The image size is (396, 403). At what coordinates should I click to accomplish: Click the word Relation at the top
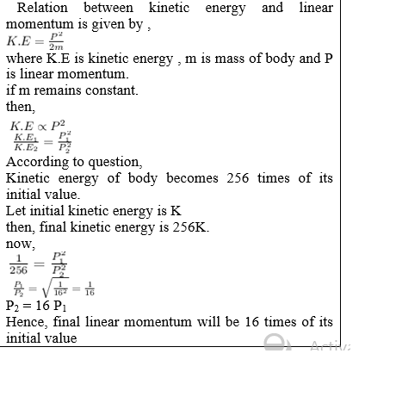(x=47, y=9)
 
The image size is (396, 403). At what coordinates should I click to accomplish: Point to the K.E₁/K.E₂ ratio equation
(x=43, y=142)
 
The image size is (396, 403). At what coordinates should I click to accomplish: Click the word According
(x=38, y=161)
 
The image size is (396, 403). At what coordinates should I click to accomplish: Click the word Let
(x=16, y=210)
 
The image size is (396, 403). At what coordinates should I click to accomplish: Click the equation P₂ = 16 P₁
(x=36, y=306)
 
